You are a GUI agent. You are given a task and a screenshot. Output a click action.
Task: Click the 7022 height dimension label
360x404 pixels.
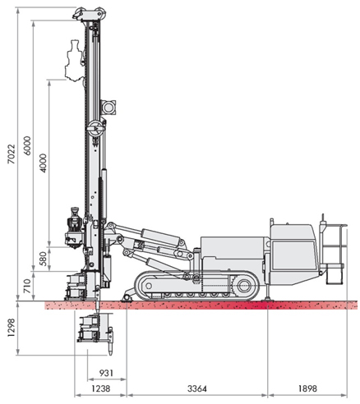(x=12, y=154)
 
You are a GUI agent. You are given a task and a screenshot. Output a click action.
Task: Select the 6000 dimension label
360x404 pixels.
(x=28, y=146)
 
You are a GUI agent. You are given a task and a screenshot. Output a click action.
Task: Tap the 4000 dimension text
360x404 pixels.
(x=44, y=163)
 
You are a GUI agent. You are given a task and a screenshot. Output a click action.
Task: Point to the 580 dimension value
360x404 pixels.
(x=43, y=259)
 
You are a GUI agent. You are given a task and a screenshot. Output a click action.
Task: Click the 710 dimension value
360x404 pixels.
(x=27, y=287)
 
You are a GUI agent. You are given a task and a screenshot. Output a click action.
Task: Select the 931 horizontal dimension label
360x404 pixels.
(x=106, y=373)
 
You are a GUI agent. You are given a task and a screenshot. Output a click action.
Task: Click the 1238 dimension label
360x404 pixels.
(x=101, y=388)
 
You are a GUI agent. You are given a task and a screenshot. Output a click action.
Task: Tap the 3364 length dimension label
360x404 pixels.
(x=197, y=388)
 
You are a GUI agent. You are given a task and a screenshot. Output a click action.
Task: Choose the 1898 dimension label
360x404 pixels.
(x=307, y=388)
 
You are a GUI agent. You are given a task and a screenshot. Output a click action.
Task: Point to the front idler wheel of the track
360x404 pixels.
(x=148, y=286)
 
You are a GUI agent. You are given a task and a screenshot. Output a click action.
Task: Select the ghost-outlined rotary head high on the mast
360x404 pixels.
(x=74, y=61)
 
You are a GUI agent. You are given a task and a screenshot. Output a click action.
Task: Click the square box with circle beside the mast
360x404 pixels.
(x=108, y=108)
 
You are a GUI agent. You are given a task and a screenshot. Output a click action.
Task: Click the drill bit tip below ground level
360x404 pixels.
(x=111, y=353)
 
